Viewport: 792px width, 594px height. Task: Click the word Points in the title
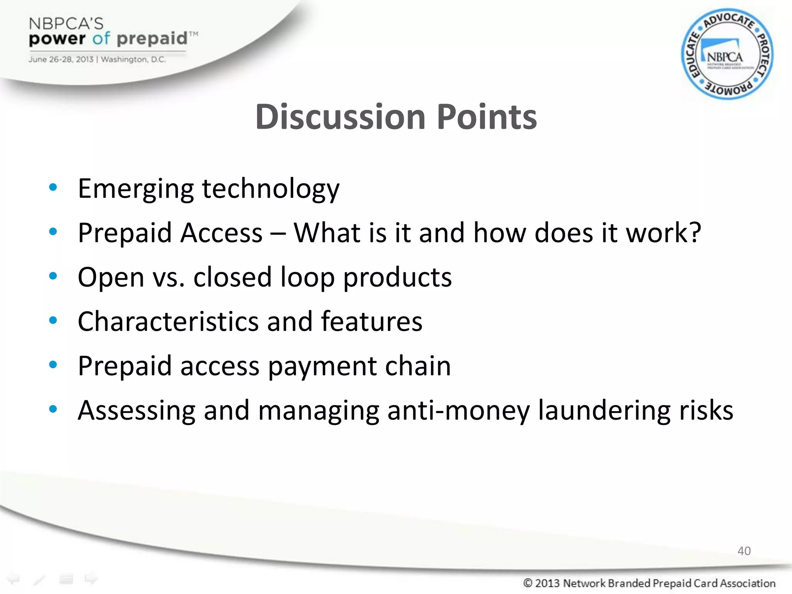coord(486,117)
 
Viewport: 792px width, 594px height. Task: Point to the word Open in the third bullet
coord(111,278)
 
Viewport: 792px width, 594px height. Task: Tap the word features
coord(372,322)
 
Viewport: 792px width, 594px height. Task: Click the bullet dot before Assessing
coord(53,409)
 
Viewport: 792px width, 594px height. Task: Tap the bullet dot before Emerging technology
coord(53,188)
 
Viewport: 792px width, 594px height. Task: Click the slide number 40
coord(744,551)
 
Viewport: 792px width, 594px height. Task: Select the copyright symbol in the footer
coord(528,583)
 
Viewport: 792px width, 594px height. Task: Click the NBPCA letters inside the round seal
coord(725,58)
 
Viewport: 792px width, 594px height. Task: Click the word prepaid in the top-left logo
coord(152,39)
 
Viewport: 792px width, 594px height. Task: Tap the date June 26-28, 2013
coord(61,60)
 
